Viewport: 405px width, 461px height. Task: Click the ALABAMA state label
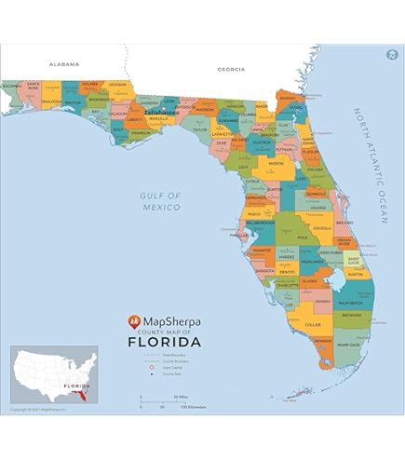tap(65, 64)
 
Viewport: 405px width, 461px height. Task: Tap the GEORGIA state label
tap(231, 69)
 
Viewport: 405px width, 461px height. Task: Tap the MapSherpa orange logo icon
tap(135, 320)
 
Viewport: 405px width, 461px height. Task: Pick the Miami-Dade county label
tap(350, 345)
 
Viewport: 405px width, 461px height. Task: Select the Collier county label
tap(313, 325)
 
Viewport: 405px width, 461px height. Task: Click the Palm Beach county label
tap(349, 304)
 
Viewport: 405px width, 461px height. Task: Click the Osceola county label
tap(322, 226)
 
